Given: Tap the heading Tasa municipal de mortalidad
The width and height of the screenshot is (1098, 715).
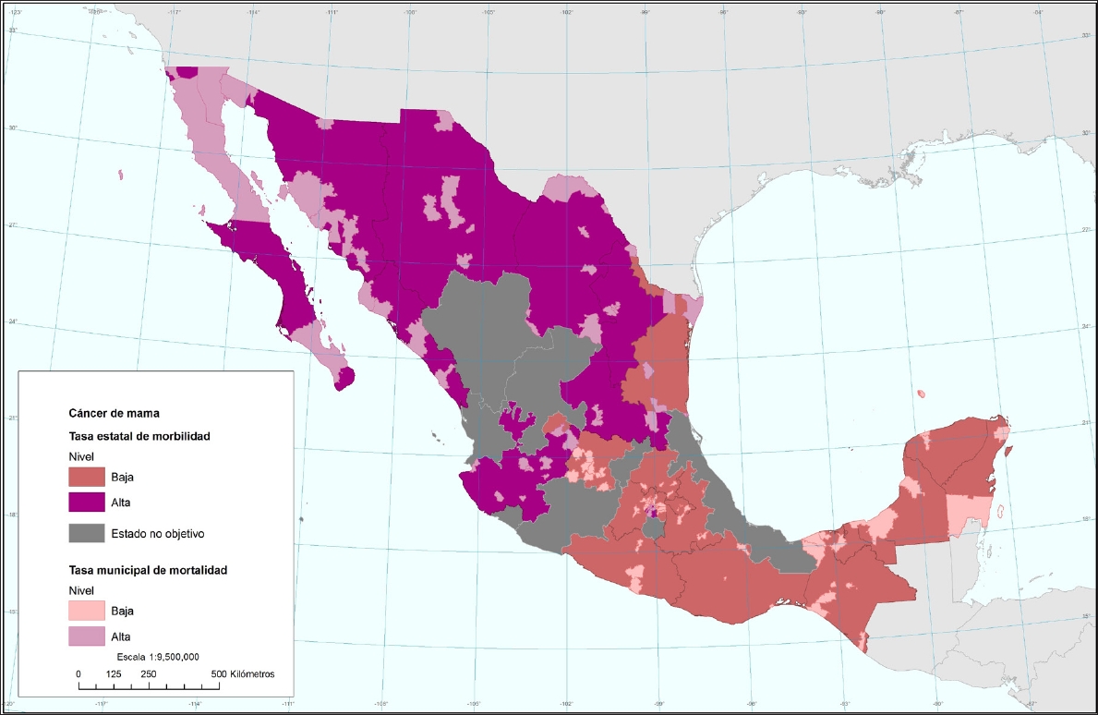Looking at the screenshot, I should click(148, 570).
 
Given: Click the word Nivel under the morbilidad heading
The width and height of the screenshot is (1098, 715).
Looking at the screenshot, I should click(81, 456).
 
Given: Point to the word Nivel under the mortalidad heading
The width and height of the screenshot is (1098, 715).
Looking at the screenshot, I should click(81, 589).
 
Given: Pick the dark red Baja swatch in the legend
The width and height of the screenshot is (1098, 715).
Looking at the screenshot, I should click(88, 477).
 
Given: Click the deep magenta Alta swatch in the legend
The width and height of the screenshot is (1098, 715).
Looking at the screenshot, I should click(88, 503).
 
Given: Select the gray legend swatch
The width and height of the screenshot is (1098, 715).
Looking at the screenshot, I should click(88, 533).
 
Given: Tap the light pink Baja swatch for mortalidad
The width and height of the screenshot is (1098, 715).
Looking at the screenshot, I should click(88, 611).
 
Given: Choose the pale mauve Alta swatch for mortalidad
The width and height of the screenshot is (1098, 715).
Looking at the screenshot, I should click(88, 636).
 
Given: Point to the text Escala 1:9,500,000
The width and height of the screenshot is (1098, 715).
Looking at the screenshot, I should click(157, 656).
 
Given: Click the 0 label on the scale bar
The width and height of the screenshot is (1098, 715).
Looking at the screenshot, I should click(78, 673).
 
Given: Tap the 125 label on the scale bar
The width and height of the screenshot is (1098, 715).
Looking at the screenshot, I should click(115, 673).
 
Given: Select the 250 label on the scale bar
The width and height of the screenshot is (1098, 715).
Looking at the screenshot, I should click(148, 673).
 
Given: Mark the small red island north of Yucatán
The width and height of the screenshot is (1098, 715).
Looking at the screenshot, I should click(922, 394).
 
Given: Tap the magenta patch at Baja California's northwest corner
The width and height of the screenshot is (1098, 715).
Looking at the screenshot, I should click(187, 71).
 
